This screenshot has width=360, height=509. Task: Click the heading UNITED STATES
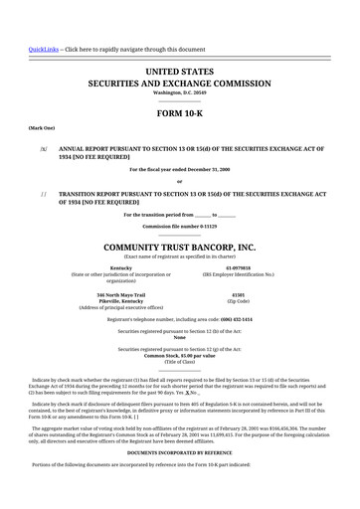click(x=179, y=72)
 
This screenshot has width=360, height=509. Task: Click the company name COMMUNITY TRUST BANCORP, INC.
click(x=179, y=247)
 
